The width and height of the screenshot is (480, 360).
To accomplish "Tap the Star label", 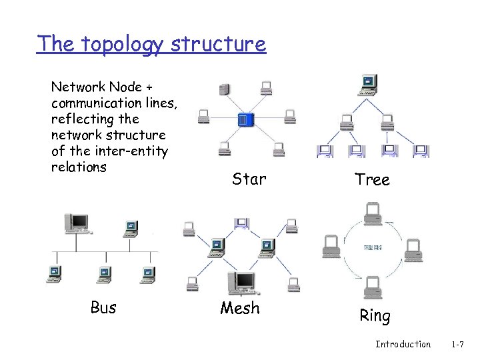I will point(249,179).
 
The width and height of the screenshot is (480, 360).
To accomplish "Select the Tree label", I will point(372,180).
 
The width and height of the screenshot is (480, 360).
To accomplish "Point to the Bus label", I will point(103,307).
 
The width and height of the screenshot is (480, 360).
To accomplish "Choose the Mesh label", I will point(241,308).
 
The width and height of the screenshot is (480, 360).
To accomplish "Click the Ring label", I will point(374,315).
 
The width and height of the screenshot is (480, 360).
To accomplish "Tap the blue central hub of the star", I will point(246,120).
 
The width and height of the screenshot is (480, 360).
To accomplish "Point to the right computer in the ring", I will point(415,247).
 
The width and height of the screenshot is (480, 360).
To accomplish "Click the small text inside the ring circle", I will point(372,247).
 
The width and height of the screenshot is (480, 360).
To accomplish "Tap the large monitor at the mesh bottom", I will point(241,283).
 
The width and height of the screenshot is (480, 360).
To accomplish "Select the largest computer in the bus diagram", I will point(78,223).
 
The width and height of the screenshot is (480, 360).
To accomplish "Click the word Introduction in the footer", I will point(403,344).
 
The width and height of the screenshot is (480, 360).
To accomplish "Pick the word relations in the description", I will point(79,166).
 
